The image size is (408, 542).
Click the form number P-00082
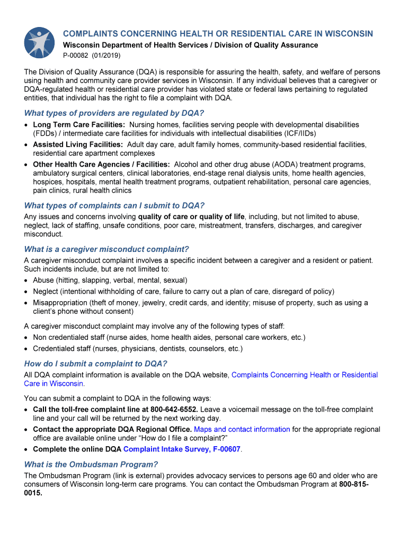coord(77,56)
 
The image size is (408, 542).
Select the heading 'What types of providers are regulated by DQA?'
coord(114,113)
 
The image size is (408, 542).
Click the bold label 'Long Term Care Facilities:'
coord(79,124)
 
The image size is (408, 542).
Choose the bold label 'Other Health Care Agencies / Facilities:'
coord(101,165)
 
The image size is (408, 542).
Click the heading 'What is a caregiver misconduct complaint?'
coord(107,249)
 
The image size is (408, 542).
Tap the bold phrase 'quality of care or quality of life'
coord(191,216)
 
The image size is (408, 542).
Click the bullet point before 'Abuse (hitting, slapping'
coord(26,281)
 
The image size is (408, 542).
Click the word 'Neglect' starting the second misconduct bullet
coord(46,292)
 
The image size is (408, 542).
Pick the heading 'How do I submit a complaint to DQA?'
coord(96,364)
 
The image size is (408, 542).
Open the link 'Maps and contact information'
coord(242,429)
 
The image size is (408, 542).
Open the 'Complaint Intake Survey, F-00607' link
coord(182,449)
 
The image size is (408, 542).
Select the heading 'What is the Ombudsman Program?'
coord(91,465)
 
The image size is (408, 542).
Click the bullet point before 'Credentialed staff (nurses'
coord(26,349)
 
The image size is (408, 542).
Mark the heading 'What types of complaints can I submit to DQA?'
coord(114,205)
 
